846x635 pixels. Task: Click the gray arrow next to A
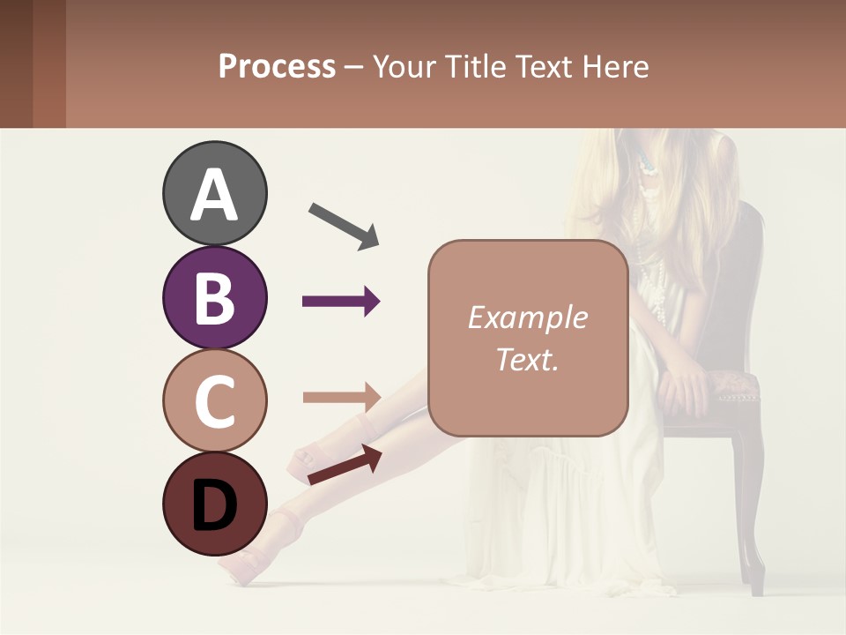point(344,226)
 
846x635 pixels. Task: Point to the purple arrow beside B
point(341,302)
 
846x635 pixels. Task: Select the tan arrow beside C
point(341,396)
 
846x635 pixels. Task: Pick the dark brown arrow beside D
point(345,464)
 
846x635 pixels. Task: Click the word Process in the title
point(277,66)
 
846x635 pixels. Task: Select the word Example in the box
point(527,317)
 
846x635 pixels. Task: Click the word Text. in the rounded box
point(527,359)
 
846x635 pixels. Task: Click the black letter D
point(214,506)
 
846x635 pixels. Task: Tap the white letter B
point(214,298)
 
